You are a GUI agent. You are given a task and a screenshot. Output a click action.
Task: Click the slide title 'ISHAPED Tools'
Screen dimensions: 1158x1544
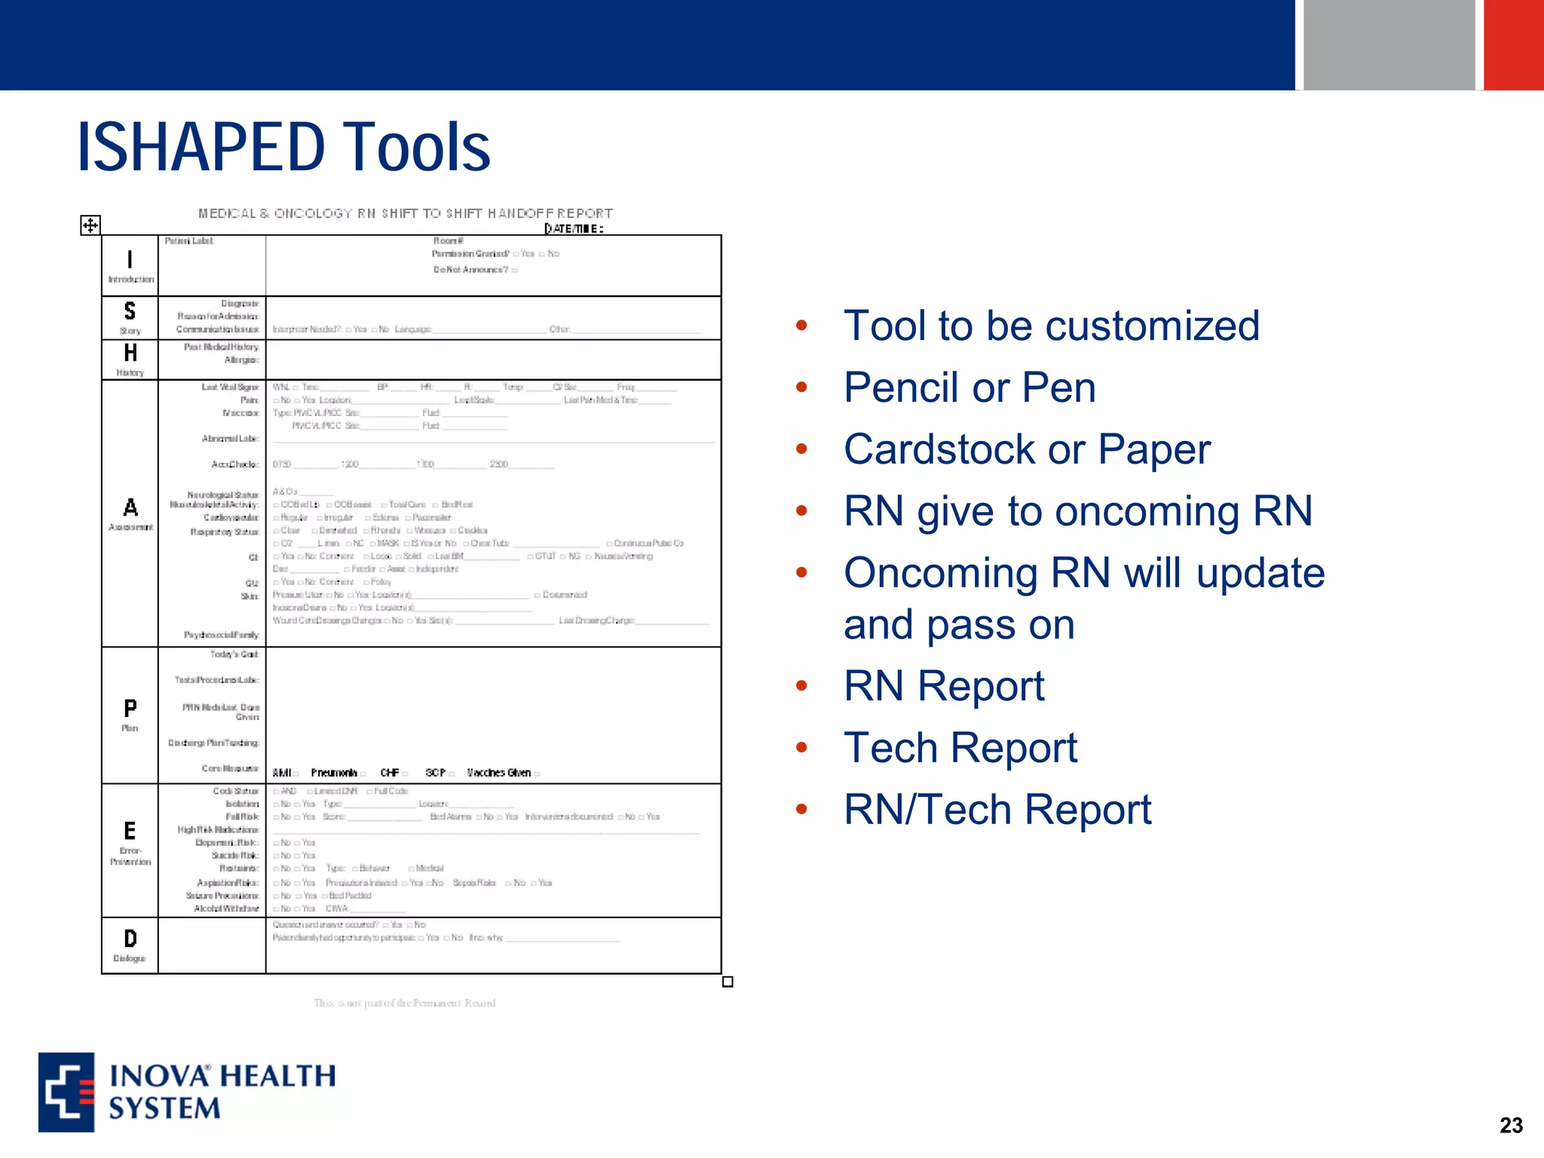(x=283, y=147)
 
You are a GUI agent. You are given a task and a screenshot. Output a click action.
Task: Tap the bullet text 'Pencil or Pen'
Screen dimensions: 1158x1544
(x=970, y=388)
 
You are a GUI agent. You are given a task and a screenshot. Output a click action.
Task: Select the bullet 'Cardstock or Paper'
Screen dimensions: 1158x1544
(x=1027, y=449)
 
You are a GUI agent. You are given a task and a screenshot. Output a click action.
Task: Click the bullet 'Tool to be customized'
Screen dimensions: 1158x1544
(x=1052, y=326)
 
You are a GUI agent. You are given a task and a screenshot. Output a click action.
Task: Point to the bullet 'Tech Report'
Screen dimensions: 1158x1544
(x=960, y=748)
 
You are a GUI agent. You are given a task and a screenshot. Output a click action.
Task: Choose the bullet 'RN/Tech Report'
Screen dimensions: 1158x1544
(x=997, y=810)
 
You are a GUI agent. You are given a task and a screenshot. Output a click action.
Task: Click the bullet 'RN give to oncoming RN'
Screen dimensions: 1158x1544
(x=1078, y=511)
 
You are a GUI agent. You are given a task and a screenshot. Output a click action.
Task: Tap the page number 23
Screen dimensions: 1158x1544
(x=1511, y=1126)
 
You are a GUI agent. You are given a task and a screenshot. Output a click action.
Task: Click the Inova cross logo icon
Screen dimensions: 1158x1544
(x=67, y=1092)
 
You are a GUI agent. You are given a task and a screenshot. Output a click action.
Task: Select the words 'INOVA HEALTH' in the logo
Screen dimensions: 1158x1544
(x=223, y=1076)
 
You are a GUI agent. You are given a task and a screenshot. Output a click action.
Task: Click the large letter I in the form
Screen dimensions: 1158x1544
(x=130, y=259)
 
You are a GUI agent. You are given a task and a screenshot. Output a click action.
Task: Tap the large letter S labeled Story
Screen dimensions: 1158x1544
(x=130, y=311)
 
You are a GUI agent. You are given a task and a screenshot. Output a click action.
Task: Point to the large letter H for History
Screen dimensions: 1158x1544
(x=130, y=353)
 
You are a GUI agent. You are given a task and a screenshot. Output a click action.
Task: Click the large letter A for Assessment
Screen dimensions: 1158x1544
(x=130, y=507)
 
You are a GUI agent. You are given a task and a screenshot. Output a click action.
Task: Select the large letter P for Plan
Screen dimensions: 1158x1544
(x=130, y=708)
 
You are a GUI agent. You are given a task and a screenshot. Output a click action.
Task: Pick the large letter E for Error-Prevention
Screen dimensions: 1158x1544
(x=130, y=831)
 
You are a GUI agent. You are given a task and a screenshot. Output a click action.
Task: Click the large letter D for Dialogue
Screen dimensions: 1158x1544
(x=130, y=939)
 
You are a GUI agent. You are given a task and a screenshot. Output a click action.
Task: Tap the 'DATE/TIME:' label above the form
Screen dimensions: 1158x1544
(x=574, y=228)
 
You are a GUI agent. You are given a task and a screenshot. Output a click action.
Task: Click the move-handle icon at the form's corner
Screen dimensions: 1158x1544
(x=90, y=225)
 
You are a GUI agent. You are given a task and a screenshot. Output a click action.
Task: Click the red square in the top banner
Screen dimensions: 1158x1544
(x=1513, y=44)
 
